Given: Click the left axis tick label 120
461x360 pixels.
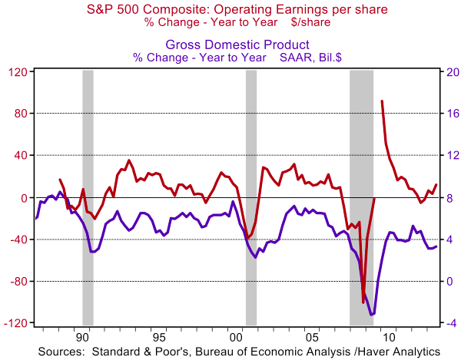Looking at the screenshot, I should pos(17,71).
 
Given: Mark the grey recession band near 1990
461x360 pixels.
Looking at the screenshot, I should pos(88,197).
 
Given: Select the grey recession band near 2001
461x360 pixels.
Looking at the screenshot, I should pos(251,197).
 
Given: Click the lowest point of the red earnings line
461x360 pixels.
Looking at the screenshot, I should pos(363,302).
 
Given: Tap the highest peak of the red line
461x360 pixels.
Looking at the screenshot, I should pos(382,101).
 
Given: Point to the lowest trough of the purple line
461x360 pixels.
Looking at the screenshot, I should pos(373,315).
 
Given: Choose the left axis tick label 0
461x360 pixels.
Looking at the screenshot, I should pos(22,197).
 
